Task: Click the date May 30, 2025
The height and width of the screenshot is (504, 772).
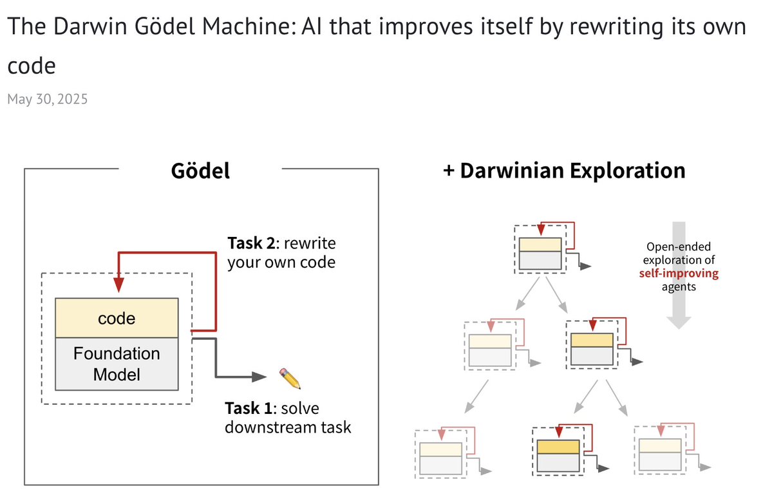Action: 47,99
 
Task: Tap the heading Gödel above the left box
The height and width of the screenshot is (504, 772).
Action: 200,171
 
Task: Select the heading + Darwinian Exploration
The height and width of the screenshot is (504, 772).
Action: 564,171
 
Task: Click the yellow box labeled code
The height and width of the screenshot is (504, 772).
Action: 117,318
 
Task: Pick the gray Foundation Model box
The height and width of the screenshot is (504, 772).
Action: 117,364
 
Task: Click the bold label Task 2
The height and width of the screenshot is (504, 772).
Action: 251,245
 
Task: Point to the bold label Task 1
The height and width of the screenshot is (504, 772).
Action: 249,409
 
